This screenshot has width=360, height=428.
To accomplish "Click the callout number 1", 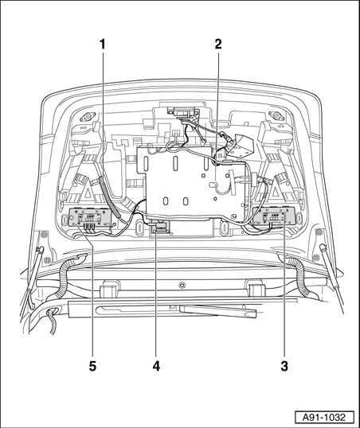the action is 103,45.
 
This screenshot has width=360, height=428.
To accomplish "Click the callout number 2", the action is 218,45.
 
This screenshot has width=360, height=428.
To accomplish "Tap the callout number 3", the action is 284,366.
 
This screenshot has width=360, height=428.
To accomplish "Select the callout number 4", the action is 156,366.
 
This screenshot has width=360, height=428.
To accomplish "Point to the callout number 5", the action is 92,366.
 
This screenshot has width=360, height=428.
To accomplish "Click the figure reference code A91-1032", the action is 324,418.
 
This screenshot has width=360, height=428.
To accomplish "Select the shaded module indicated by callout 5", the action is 89,217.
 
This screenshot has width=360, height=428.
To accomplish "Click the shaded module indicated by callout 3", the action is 274,216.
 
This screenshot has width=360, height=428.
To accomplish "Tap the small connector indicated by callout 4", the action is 159,227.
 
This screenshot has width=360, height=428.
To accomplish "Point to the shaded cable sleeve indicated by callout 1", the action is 110,197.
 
